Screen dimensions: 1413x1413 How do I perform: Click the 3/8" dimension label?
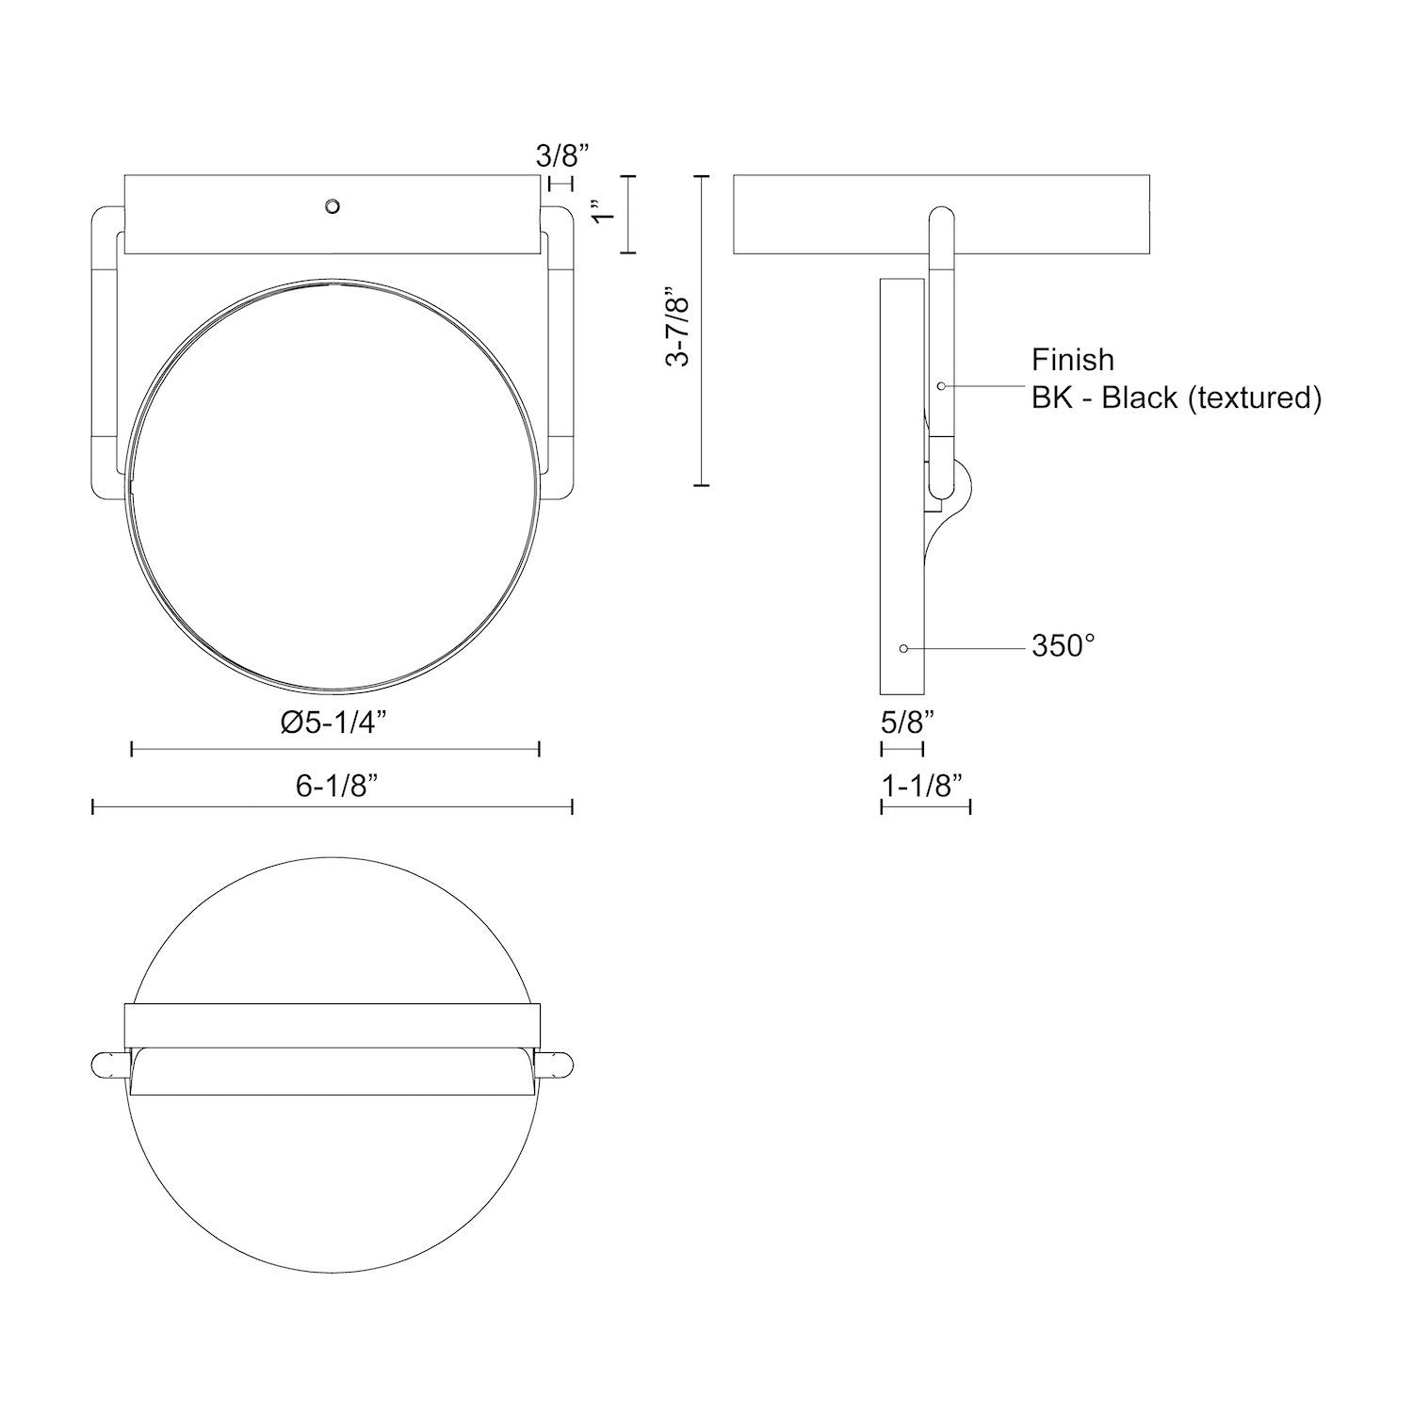click(562, 154)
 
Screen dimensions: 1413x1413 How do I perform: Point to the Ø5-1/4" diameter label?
click(333, 723)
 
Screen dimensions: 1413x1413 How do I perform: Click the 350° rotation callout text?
click(1063, 646)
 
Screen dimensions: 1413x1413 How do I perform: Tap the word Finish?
click(1072, 360)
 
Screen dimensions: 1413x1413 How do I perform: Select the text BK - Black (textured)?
click(1176, 398)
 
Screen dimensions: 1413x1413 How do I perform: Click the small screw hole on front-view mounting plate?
click(331, 206)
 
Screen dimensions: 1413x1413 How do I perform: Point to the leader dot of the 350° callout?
click(903, 648)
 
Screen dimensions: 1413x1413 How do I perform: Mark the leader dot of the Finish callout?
click(941, 386)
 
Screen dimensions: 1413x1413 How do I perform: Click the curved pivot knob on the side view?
click(961, 490)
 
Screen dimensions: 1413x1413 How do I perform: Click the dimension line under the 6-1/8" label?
click(333, 806)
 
